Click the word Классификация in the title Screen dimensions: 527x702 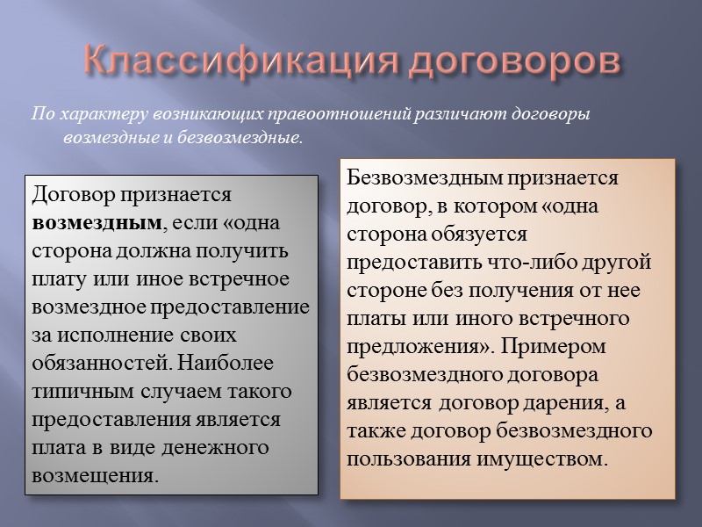(219, 63)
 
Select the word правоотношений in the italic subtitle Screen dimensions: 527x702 (314, 115)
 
